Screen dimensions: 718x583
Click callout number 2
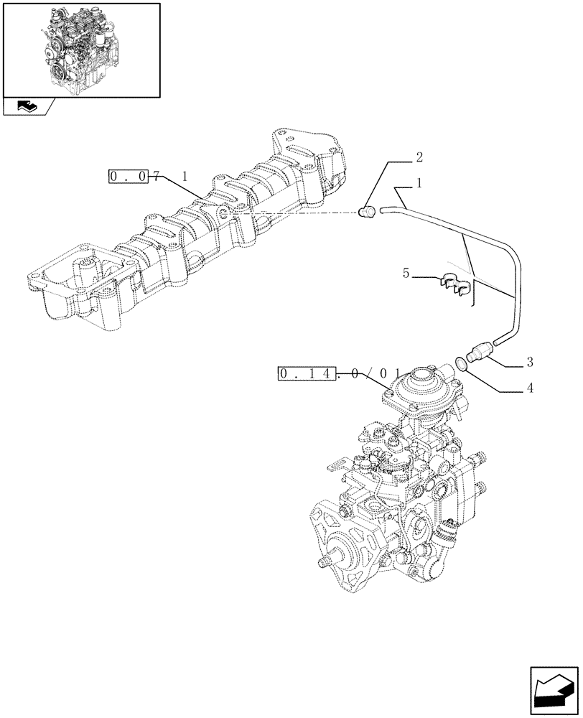419,157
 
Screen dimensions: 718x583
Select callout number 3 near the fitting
528,360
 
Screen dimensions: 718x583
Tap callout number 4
529,388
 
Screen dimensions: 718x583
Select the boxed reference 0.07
129,176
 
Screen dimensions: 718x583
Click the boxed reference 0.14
306,373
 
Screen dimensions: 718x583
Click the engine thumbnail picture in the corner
81,49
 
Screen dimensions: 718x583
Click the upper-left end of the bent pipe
384,210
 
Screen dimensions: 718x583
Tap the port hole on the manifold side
225,213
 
